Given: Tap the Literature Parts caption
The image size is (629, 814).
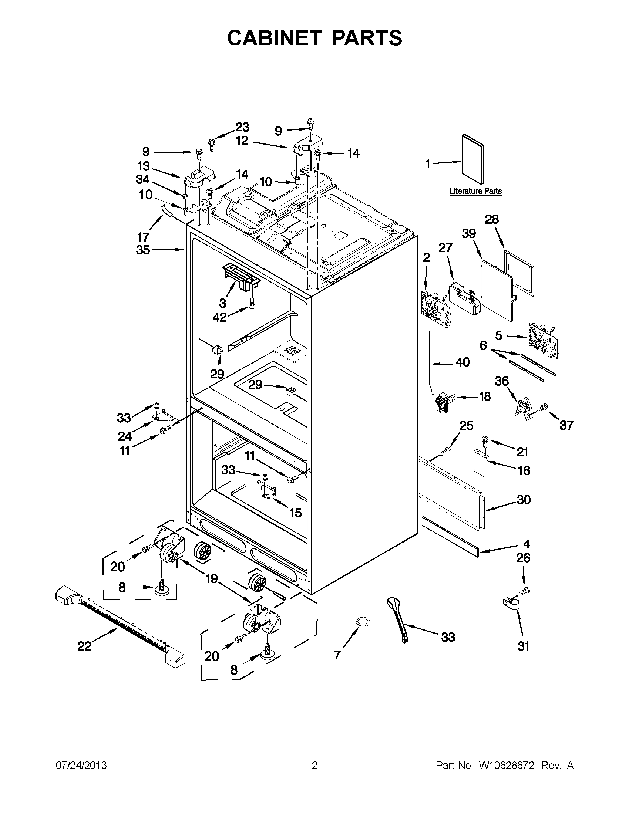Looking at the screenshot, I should tap(475, 191).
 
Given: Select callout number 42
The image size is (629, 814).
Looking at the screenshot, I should tap(220, 317).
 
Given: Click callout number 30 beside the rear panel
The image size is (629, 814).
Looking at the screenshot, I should tap(524, 499).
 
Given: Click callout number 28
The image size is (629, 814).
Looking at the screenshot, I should tap(491, 219).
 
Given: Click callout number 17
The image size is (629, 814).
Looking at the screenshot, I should tap(143, 237).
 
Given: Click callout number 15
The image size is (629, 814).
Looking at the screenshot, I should tap(295, 513).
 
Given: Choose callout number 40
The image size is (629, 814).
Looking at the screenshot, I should tap(462, 362).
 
